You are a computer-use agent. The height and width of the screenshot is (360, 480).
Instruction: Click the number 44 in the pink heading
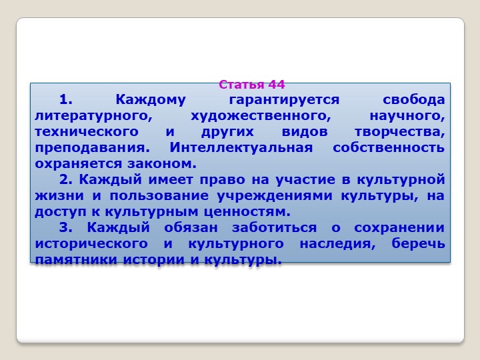click(277, 85)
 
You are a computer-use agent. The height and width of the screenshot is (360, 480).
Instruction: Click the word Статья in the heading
click(241, 85)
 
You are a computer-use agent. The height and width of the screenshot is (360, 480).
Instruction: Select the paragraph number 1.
click(65, 99)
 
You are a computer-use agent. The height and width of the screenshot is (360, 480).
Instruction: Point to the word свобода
click(413, 99)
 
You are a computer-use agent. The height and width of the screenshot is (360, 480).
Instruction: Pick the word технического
click(87, 132)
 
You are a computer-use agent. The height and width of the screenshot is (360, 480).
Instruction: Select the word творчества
click(400, 132)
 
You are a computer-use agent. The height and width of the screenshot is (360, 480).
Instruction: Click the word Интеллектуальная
click(241, 147)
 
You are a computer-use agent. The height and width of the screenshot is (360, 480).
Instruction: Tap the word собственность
click(389, 147)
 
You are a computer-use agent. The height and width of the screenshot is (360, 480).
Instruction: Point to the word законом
click(161, 164)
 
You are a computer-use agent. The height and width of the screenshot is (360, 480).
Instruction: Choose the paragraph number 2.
click(65, 179)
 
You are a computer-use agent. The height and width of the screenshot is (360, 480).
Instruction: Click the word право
click(222, 180)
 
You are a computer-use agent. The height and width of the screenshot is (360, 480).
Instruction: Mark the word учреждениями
click(275, 196)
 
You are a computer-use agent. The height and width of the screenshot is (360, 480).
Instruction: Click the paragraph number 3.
click(65, 227)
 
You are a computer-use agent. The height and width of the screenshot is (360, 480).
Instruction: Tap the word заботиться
click(274, 227)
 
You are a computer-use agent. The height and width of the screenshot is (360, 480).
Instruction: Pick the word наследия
click(337, 244)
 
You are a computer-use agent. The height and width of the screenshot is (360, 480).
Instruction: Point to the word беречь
click(418, 243)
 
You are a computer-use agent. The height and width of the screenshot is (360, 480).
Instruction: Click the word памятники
click(76, 260)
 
